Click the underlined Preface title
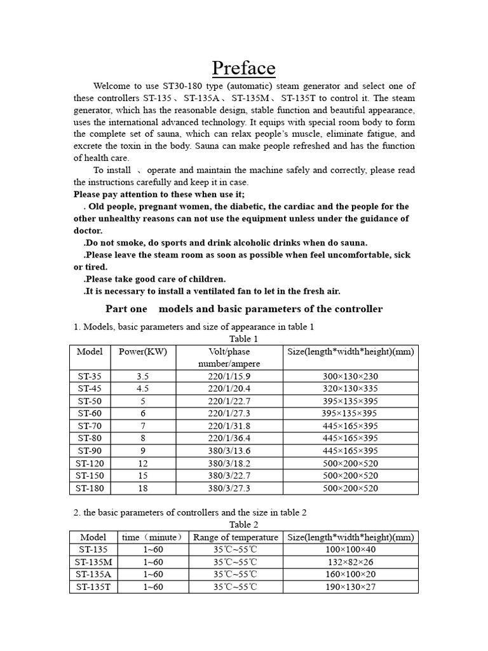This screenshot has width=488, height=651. point(243,67)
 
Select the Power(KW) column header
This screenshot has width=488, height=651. point(142,352)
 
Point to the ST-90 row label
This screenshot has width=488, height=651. point(89,451)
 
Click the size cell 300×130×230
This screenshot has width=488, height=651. point(350,376)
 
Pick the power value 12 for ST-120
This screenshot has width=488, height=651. point(142,463)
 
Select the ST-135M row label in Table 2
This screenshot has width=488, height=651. point(93,562)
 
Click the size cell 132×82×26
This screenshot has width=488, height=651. point(350,562)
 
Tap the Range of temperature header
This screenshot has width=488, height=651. point(236,537)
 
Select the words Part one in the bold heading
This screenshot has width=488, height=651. point(126,309)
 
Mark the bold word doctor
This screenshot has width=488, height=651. point(88,231)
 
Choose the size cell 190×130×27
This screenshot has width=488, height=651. point(350,587)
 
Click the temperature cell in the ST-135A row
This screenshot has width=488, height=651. point(236,574)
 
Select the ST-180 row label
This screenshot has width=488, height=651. point(89,488)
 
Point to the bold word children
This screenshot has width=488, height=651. point(204,279)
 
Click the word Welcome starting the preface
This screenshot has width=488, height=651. point(112,86)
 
